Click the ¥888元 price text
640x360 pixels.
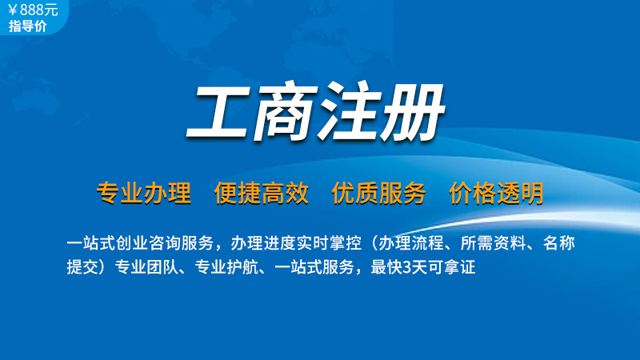[33, 10]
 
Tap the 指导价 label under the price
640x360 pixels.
[28, 26]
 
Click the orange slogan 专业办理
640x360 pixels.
[144, 193]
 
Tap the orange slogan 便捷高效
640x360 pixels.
[262, 193]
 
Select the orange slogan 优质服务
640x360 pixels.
[378, 193]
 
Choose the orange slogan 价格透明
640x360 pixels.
[496, 193]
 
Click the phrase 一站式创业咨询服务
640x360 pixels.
[141, 243]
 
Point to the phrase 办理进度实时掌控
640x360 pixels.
[296, 243]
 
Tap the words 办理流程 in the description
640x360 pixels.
[411, 243]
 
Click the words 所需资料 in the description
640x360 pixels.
[493, 243]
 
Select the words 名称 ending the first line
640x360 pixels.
[558, 243]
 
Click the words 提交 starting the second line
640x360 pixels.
[83, 267]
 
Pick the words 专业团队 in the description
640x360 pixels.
[146, 267]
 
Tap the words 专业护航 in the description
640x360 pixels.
[226, 267]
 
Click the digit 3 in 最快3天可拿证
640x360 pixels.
[407, 268]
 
